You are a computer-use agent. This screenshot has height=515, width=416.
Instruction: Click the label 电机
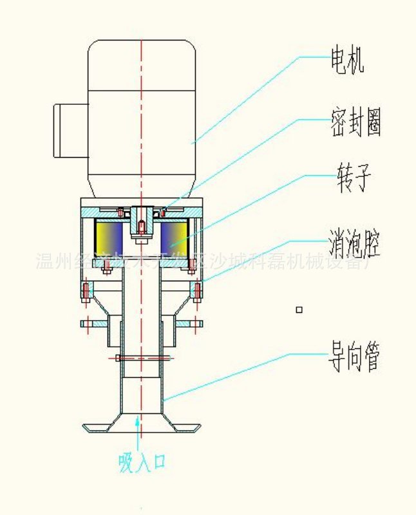tap(347, 61)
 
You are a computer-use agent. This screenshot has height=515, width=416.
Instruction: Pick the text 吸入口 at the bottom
tap(142, 462)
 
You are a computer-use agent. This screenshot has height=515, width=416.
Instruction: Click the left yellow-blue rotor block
tap(108, 237)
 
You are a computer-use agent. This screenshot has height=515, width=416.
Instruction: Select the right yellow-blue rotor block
tap(174, 237)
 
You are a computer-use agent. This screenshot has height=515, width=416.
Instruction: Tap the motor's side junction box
tap(69, 130)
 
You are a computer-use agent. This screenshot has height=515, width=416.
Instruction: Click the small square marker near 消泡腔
tap(298, 310)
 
